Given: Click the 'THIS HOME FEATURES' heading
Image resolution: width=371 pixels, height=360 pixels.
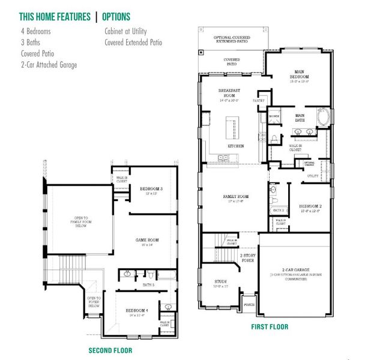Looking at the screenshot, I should coord(55,16).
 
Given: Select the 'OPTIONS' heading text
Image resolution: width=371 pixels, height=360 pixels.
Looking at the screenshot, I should coord(116,16).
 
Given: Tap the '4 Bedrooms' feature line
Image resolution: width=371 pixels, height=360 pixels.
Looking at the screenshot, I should coord(35,31).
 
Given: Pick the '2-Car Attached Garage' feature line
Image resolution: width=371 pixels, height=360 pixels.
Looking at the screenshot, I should coord(49,64).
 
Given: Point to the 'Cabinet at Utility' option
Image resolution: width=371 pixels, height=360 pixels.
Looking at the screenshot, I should coord(125,31).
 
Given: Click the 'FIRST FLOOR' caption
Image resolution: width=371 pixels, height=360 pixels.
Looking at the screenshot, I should coord(270,327).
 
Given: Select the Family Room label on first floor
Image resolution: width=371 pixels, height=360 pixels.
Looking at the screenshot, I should coord(235,197).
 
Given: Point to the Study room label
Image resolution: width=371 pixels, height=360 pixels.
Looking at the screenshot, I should coord(222,283).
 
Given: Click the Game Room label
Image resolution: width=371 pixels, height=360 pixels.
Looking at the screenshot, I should coord(146,242).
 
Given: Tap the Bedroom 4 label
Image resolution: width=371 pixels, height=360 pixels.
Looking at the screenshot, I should coord(137,311).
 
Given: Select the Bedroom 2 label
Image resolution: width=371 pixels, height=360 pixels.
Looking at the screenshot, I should coord(310,208).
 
